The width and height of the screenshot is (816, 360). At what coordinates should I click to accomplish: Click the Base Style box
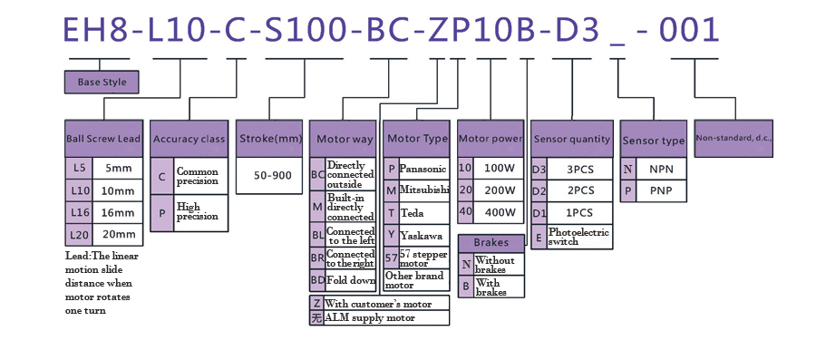(x=102, y=82)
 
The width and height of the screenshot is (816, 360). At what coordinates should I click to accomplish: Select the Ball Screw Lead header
(x=103, y=139)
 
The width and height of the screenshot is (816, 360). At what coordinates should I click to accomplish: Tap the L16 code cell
(x=79, y=212)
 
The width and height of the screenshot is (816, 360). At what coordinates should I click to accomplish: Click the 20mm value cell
(x=119, y=234)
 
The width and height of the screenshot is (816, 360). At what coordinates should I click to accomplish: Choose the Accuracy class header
(x=189, y=139)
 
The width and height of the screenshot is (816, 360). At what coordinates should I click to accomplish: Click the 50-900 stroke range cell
(x=269, y=176)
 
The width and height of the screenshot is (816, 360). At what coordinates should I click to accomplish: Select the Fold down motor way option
(x=350, y=280)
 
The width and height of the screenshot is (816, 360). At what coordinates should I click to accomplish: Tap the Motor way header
(x=344, y=140)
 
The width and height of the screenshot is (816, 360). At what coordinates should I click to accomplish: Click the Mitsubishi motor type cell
(x=423, y=190)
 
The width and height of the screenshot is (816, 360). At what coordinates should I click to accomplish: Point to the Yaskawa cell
(x=423, y=234)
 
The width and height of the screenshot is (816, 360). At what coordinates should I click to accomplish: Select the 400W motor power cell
(x=499, y=212)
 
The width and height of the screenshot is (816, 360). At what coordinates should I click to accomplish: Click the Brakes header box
(x=491, y=243)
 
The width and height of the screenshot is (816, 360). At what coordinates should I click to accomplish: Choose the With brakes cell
(x=499, y=287)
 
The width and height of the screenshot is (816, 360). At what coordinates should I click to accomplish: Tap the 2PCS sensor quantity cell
(x=580, y=190)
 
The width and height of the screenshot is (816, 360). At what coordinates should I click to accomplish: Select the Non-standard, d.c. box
(x=733, y=138)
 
